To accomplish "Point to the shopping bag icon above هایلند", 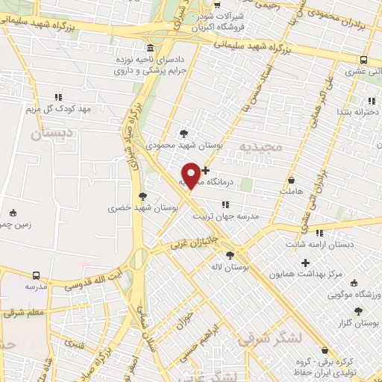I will pos(292,180).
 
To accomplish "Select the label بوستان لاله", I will pos(229,266).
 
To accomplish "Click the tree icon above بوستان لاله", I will pos(229,255).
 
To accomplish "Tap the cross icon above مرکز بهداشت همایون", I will pos(305,262).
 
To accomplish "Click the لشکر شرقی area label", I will pos(272,338).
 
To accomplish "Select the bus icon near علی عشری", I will pos(363,60).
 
